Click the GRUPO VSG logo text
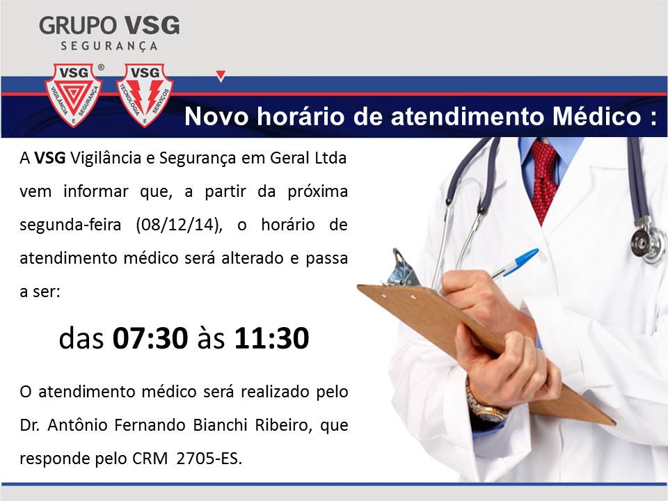click(109, 26)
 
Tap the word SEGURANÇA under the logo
click(109, 46)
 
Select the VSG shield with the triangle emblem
click(73, 95)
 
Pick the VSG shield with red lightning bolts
click(145, 95)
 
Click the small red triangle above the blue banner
click(221, 76)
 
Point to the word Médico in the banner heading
click(596, 116)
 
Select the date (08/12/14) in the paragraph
click(179, 225)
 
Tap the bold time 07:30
click(150, 338)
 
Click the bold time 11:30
click(272, 338)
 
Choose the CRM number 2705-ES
click(209, 459)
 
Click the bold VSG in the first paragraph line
click(50, 158)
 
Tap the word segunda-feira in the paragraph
click(70, 225)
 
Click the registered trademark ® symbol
click(101, 67)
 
